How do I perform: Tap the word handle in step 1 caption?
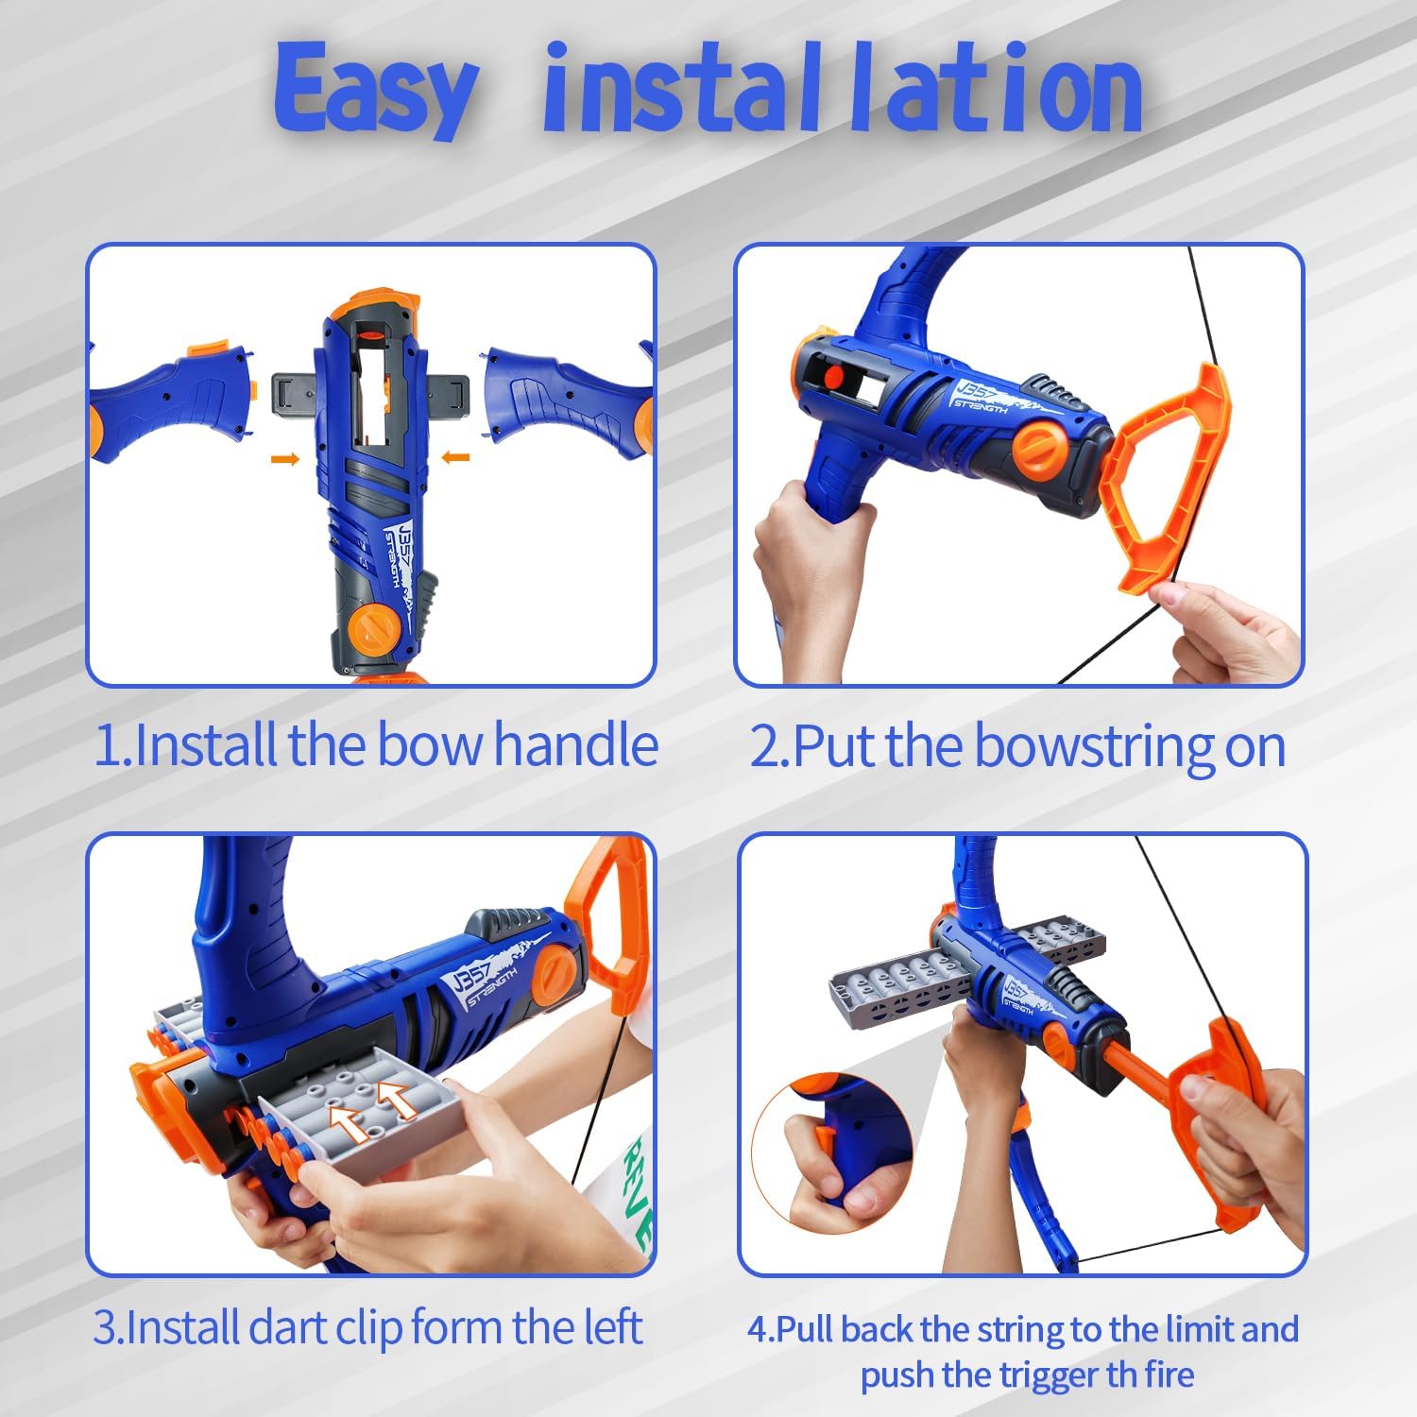(x=576, y=745)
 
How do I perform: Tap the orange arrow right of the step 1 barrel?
(x=455, y=458)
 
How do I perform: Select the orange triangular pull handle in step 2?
(x=1168, y=477)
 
